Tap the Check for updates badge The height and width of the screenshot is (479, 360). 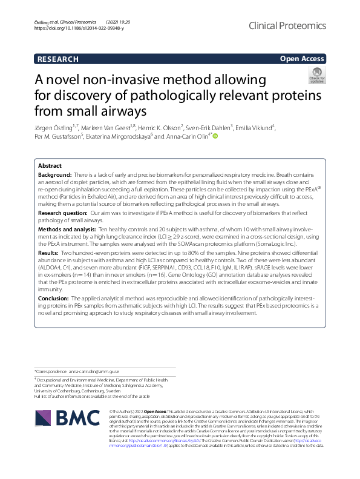[x=316, y=76]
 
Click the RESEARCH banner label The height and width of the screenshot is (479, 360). [x=58, y=59]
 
